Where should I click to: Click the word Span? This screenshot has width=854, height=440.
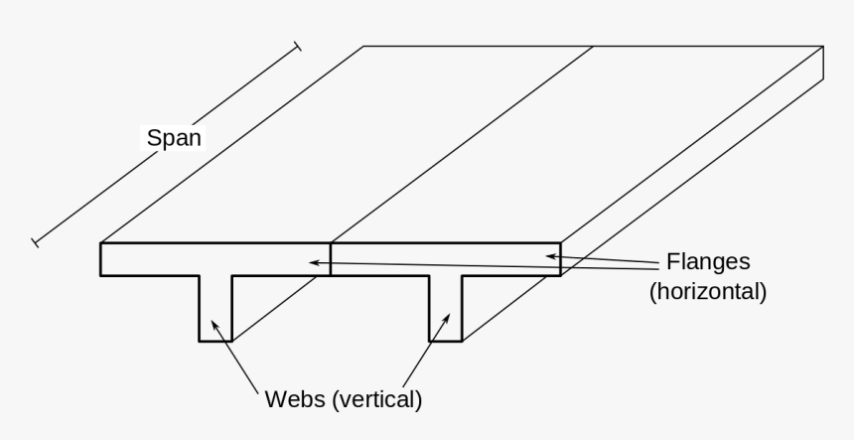pyautogui.click(x=174, y=138)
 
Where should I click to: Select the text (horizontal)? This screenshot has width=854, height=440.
pyautogui.click(x=707, y=293)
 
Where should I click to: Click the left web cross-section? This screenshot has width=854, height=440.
pyautogui.click(x=215, y=308)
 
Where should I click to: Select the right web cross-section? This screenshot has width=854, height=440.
pyautogui.click(x=445, y=308)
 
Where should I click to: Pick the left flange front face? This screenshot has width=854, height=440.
pyautogui.click(x=214, y=258)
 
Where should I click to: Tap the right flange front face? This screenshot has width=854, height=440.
pyautogui.click(x=445, y=258)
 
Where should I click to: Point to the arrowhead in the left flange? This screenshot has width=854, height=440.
pyautogui.click(x=314, y=262)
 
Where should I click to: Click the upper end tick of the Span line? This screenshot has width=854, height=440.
pyautogui.click(x=296, y=46)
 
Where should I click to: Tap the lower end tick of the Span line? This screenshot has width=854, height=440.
pyautogui.click(x=35, y=240)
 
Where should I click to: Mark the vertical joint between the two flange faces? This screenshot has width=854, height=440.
pyautogui.click(x=331, y=258)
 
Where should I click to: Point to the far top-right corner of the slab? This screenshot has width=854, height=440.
pyautogui.click(x=822, y=46)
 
